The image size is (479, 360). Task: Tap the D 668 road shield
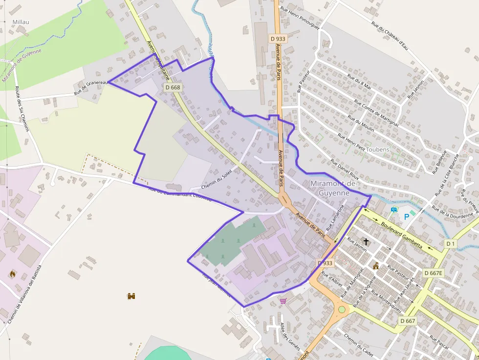pyautogui.click(x=173, y=87)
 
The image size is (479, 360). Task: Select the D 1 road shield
pyautogui.click(x=450, y=243)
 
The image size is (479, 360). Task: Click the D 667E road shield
pyautogui.click(x=433, y=273)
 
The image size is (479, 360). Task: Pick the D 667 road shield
pyautogui.click(x=407, y=321)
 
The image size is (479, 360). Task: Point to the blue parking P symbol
pyautogui.click(x=405, y=215)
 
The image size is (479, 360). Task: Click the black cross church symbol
pyautogui.click(x=366, y=242)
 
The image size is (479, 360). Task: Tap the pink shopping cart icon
pyautogui.click(x=283, y=301)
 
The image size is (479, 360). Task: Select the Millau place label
pyautogui.click(x=21, y=22)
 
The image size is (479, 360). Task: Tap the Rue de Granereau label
pyautogui.click(x=90, y=87)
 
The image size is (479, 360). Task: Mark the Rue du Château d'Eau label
pyautogui.click(x=390, y=34)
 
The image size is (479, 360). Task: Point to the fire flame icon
pyautogui.click(x=12, y=274)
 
